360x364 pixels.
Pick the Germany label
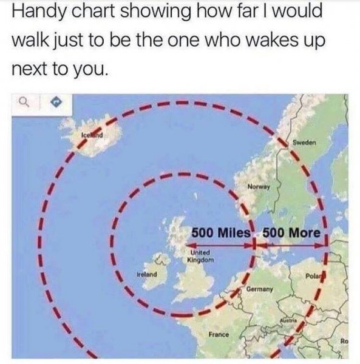tap(262, 290)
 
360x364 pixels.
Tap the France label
tap(217, 334)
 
